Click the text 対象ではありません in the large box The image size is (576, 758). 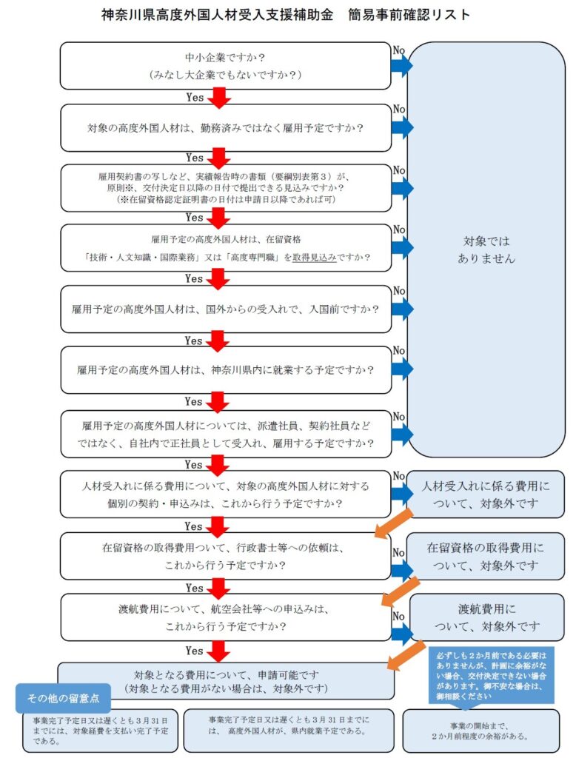[x=486, y=249]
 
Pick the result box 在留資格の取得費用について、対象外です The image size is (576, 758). [x=485, y=557]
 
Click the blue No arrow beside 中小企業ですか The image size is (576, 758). [x=402, y=65]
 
